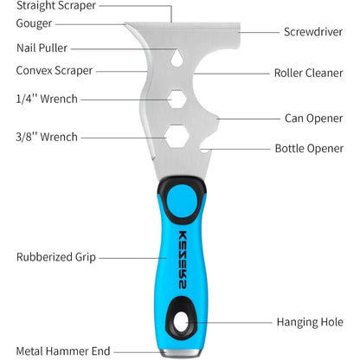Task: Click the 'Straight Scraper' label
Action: click(x=56, y=6)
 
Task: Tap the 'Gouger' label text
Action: click(x=34, y=23)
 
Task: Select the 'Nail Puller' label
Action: click(x=42, y=48)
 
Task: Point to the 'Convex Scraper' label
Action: click(x=55, y=71)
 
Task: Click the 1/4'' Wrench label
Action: click(x=47, y=99)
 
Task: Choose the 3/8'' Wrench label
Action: click(x=47, y=137)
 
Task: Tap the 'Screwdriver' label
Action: click(x=313, y=32)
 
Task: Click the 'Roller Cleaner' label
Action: click(x=309, y=73)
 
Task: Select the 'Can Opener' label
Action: click(x=314, y=119)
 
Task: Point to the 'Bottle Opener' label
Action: click(x=309, y=149)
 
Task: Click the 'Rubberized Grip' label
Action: click(x=56, y=257)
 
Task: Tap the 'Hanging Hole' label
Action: click(x=310, y=322)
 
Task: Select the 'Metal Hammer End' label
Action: click(x=63, y=351)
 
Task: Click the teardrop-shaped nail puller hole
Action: click(x=177, y=58)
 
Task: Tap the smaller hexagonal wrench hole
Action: click(x=177, y=99)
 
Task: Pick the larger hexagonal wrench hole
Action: click(x=177, y=137)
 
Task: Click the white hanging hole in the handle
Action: click(x=182, y=322)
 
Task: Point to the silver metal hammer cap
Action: click(x=180, y=353)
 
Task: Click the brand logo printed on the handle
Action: click(x=183, y=260)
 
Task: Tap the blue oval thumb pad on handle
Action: click(x=182, y=201)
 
